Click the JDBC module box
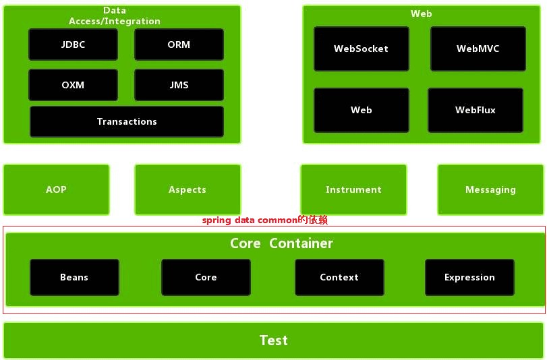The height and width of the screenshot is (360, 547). click(73, 44)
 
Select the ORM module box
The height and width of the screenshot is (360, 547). click(179, 44)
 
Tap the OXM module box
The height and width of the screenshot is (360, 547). click(73, 85)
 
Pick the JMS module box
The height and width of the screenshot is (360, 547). click(179, 85)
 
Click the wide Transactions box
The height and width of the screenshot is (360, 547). click(127, 121)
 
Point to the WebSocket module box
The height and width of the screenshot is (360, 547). click(361, 49)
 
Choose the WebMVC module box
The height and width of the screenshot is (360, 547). click(478, 49)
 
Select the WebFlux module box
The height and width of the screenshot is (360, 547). click(475, 109)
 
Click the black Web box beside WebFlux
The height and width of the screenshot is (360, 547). click(361, 109)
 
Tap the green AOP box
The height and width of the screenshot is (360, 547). click(56, 189)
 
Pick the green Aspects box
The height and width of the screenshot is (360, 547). click(188, 189)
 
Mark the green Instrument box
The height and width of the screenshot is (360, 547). click(353, 189)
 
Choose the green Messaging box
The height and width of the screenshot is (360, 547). click(490, 189)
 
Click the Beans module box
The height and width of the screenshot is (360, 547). click(74, 277)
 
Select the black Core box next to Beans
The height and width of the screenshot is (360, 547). click(206, 277)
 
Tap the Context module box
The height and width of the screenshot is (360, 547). click(339, 277)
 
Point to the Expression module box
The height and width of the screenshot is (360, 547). click(469, 277)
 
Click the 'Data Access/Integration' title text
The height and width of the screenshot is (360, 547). click(115, 16)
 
